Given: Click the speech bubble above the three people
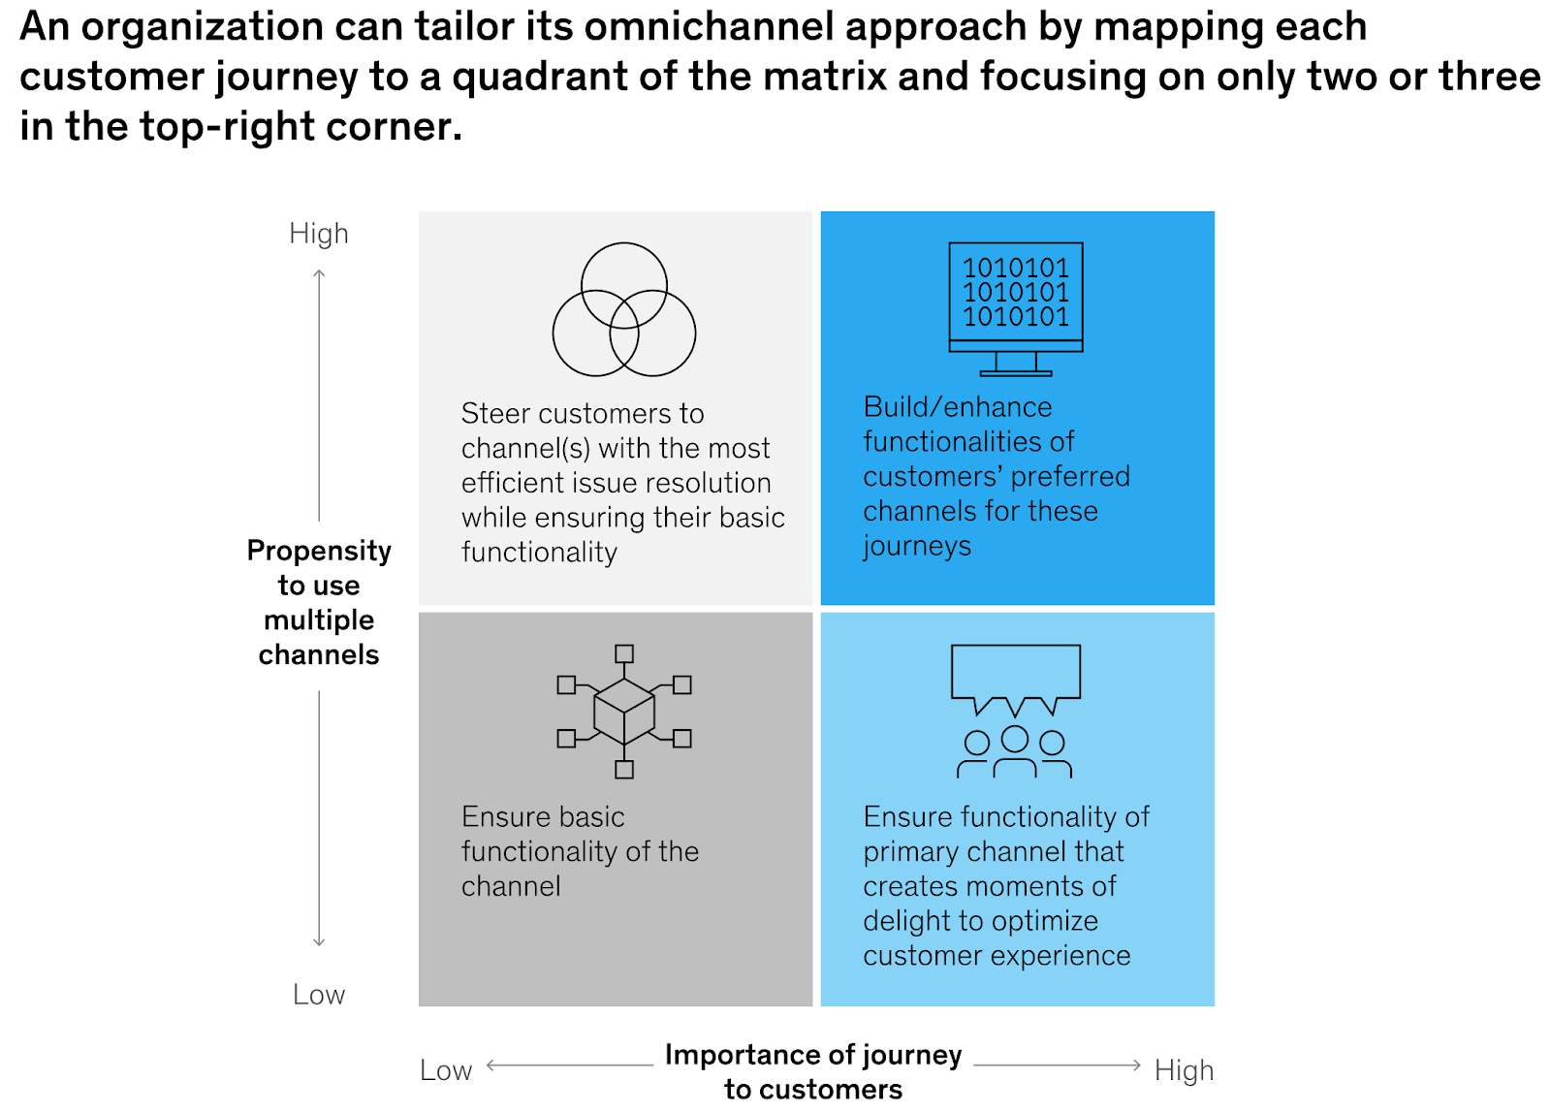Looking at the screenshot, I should click(x=1015, y=673).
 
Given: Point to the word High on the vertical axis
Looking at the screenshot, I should click(x=318, y=234).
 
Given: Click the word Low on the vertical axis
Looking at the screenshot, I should click(x=318, y=995).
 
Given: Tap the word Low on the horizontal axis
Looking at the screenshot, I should click(x=445, y=1070).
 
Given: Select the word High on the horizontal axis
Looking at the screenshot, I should click(x=1184, y=1070).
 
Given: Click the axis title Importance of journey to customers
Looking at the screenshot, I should click(x=812, y=1070).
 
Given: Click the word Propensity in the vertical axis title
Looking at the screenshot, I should click(x=318, y=551).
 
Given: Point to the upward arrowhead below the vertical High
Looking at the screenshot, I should click(x=319, y=274).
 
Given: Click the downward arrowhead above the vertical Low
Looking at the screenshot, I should click(x=319, y=941).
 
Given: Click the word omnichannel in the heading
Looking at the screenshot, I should click(x=708, y=27).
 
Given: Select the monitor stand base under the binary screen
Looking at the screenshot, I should click(x=1015, y=371).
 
